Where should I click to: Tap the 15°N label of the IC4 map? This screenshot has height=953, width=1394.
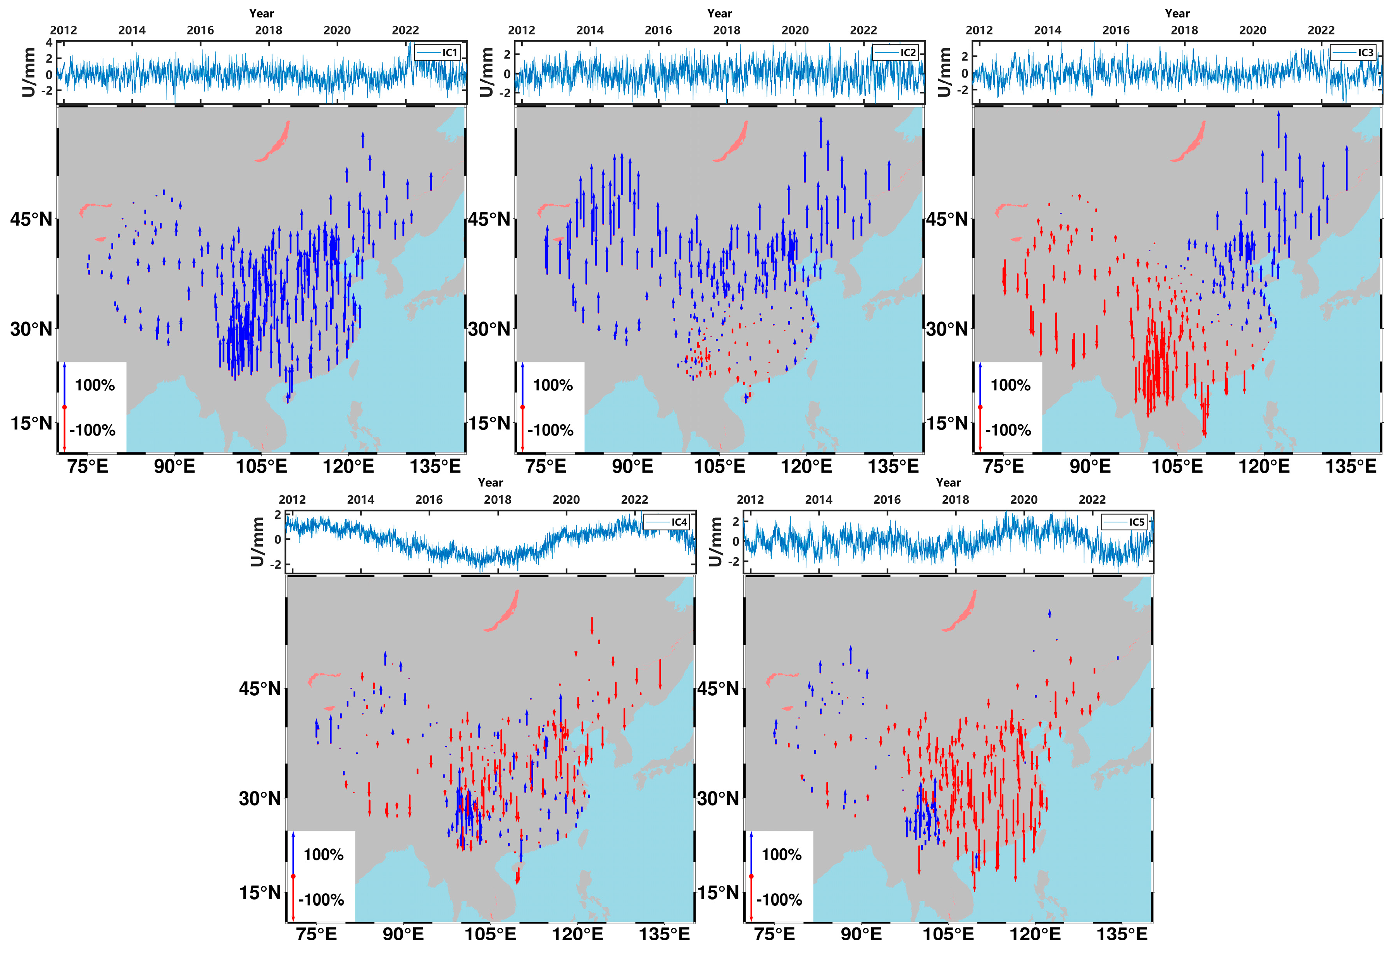pos(260,893)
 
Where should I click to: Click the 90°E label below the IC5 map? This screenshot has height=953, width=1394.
pos(861,934)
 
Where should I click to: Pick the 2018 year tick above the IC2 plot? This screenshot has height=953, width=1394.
pos(726,30)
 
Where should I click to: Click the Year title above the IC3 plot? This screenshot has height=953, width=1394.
pos(1177,13)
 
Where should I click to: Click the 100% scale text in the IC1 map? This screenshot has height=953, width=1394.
pos(95,385)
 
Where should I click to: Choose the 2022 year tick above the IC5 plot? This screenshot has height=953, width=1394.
pos(1092,500)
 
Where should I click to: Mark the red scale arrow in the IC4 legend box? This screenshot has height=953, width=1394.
pos(293,898)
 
